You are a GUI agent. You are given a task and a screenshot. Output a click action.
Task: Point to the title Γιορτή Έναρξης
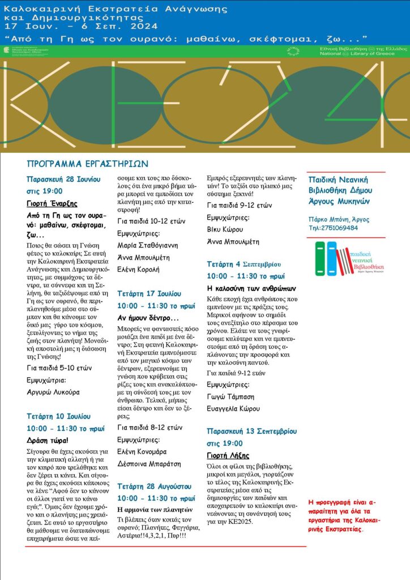(x=52, y=204)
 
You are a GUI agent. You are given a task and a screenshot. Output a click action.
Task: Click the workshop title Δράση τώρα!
(x=48, y=440)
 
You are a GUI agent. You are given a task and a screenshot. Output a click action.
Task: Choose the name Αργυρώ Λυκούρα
(x=53, y=391)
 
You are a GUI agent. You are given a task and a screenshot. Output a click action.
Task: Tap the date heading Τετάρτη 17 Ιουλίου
(x=149, y=294)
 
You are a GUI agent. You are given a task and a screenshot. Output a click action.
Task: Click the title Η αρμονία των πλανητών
(x=151, y=509)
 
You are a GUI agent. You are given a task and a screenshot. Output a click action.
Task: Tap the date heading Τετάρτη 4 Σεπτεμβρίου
(x=244, y=265)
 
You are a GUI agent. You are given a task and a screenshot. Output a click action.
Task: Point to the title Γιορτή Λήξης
(x=228, y=455)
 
